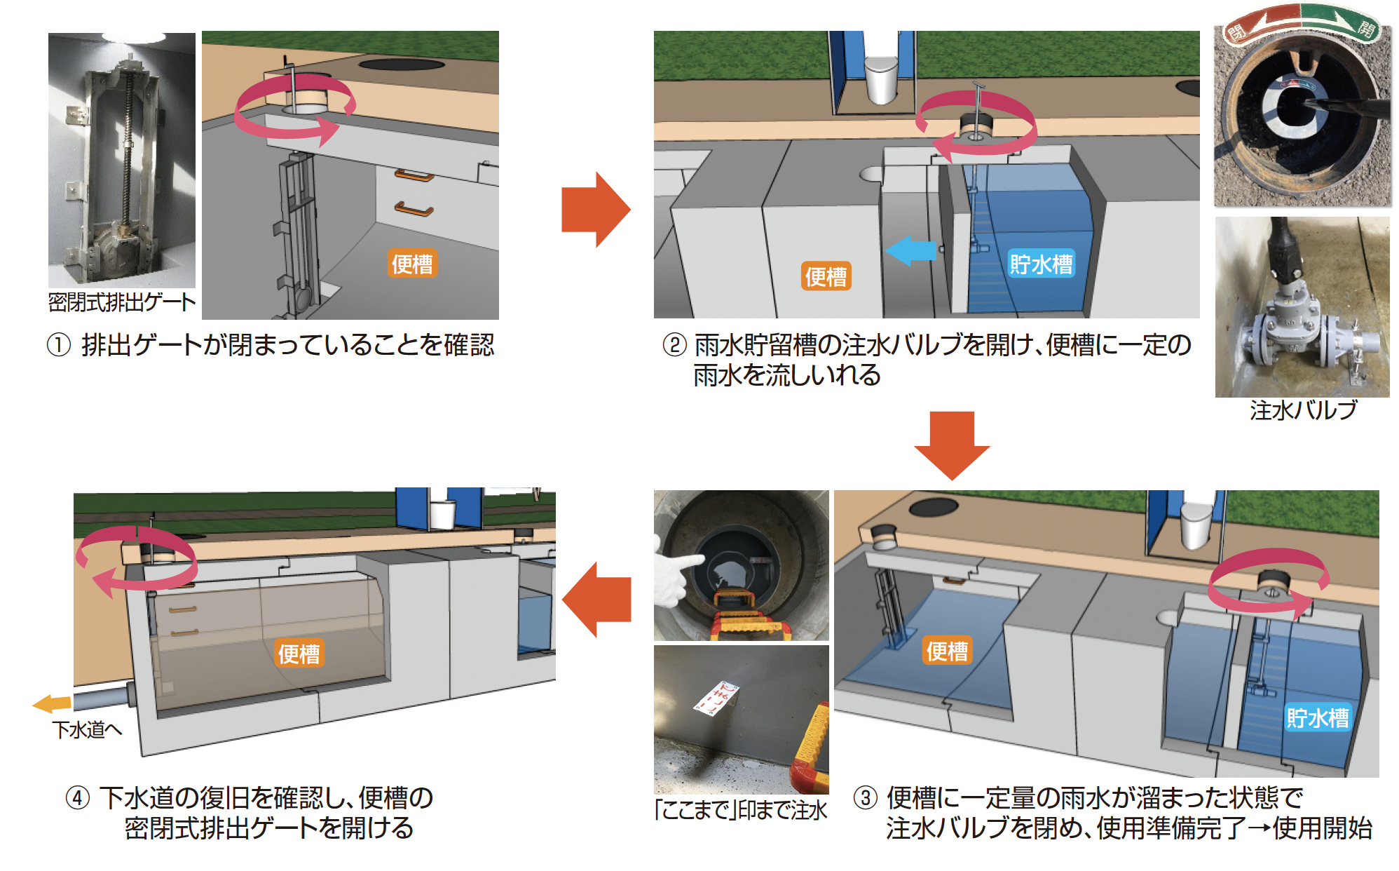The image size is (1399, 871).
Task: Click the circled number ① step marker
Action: point(59,345)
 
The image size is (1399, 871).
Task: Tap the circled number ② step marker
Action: point(674,345)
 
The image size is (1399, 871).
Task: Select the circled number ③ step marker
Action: point(866,797)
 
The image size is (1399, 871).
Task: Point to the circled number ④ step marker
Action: point(78,797)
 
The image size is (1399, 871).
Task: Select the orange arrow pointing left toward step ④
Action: point(596,599)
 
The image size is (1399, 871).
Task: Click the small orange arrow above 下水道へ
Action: point(53,703)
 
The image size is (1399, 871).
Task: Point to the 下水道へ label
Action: point(87,729)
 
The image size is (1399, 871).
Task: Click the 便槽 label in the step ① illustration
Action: point(412,264)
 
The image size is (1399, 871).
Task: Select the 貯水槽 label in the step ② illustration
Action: point(1041,264)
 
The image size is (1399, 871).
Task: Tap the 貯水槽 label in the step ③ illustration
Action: point(1317,717)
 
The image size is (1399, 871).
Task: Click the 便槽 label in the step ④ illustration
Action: point(299,654)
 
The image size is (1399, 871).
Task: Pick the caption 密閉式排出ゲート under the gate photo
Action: point(122,302)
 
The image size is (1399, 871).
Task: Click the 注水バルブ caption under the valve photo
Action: point(1303,410)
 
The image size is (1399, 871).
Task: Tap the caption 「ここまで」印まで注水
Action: point(741,810)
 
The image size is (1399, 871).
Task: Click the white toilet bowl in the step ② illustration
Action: point(881,77)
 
